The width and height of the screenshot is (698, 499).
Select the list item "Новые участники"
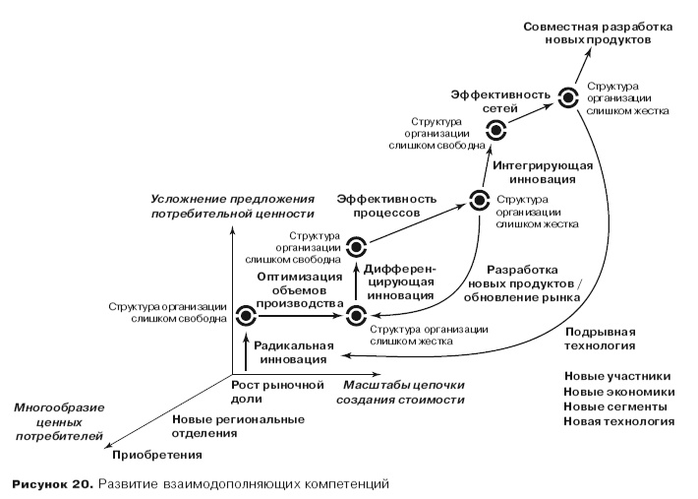pyautogui.click(x=617, y=375)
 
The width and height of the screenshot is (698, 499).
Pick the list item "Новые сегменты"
pyautogui.click(x=616, y=405)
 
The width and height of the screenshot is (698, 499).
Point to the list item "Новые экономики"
pyautogui.click(x=617, y=391)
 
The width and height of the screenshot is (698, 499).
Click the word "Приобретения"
pyautogui.click(x=157, y=455)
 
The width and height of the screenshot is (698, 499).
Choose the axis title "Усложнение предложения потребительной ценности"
pyautogui.click(x=232, y=206)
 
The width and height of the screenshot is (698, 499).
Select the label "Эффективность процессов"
pyautogui.click(x=378, y=205)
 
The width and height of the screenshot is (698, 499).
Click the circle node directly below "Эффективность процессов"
pyautogui.click(x=356, y=248)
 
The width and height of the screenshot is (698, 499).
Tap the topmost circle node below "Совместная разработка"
pyautogui.click(x=567, y=96)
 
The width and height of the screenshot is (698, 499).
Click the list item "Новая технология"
pyautogui.click(x=618, y=421)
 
